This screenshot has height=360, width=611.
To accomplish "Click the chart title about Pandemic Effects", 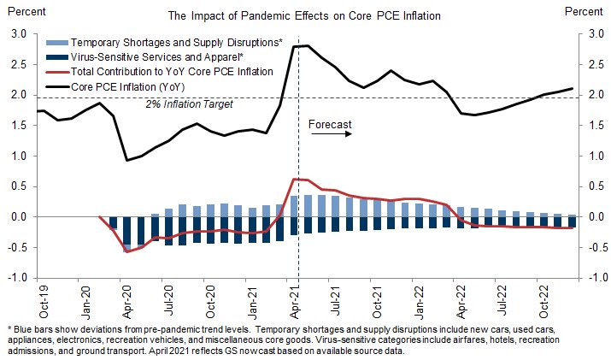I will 305,15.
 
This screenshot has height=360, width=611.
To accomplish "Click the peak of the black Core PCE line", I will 306,45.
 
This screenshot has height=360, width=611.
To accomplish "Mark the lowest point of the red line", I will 127,251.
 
